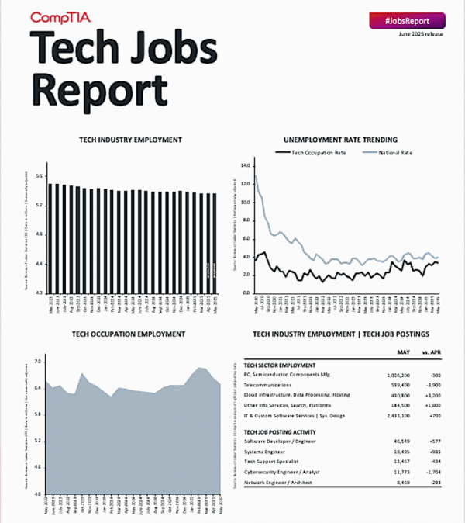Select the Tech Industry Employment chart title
tap(131, 140)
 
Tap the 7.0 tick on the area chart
tap(37, 362)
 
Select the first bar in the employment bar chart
tap(50, 237)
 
